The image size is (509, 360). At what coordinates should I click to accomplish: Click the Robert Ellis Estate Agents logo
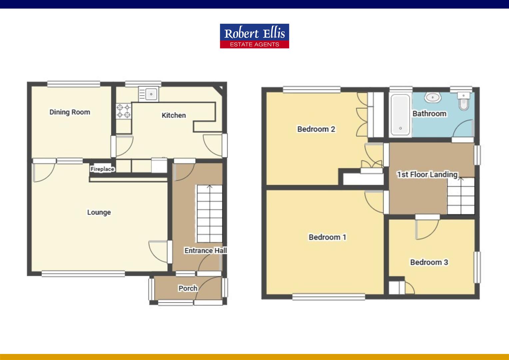click(254, 36)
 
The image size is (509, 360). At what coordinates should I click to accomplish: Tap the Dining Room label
click(70, 112)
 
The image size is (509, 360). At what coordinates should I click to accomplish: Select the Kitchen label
click(174, 115)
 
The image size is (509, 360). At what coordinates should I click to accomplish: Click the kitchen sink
click(149, 94)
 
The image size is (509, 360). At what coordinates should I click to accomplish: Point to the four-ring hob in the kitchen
click(123, 111)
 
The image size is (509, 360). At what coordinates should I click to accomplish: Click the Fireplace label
click(102, 169)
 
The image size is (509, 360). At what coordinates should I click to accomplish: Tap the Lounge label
click(99, 212)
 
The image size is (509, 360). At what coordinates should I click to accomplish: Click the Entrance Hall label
click(206, 251)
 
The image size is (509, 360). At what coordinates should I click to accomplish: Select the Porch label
click(188, 288)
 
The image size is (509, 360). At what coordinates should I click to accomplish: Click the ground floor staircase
click(209, 214)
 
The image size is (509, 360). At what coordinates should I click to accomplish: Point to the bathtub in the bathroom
click(400, 115)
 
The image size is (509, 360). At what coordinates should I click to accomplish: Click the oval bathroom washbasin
click(433, 98)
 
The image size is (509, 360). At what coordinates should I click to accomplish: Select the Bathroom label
click(429, 114)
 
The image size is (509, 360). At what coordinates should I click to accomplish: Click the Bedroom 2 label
click(316, 129)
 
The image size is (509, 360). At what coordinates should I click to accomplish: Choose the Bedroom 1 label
click(327, 237)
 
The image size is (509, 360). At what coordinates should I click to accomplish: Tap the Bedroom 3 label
click(429, 262)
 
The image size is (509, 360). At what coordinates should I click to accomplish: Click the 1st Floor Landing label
click(427, 174)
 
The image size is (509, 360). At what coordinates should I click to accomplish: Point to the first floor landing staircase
click(461, 196)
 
